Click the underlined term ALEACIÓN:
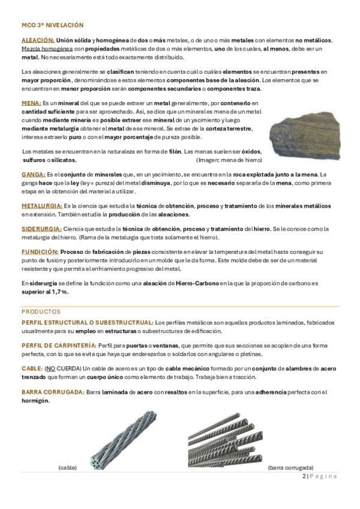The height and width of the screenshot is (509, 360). click(38, 40)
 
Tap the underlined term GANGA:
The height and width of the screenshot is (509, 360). click(33, 174)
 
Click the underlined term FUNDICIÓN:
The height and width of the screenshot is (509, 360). click(40, 252)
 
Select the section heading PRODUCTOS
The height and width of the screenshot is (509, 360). click(41, 312)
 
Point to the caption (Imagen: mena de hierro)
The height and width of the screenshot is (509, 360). click(229, 161)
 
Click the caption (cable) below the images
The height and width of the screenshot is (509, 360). click(67, 466)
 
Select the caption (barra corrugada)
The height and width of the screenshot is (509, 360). click(290, 466)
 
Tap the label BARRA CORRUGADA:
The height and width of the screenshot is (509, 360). click(52, 392)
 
